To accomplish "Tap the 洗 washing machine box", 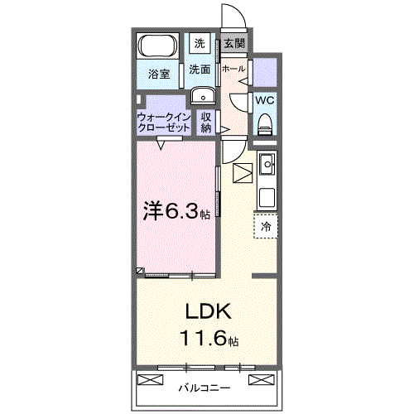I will pyautogui.click(x=200, y=42).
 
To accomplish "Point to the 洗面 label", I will pyautogui.click(x=199, y=70).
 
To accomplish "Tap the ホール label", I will pyautogui.click(x=233, y=70).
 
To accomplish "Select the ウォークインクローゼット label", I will pyautogui.click(x=165, y=123).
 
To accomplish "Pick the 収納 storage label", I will pyautogui.click(x=206, y=123).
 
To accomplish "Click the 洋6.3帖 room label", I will pyautogui.click(x=177, y=212).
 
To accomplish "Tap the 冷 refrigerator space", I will pyautogui.click(x=266, y=225).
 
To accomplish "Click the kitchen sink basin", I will pyautogui.click(x=267, y=166).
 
